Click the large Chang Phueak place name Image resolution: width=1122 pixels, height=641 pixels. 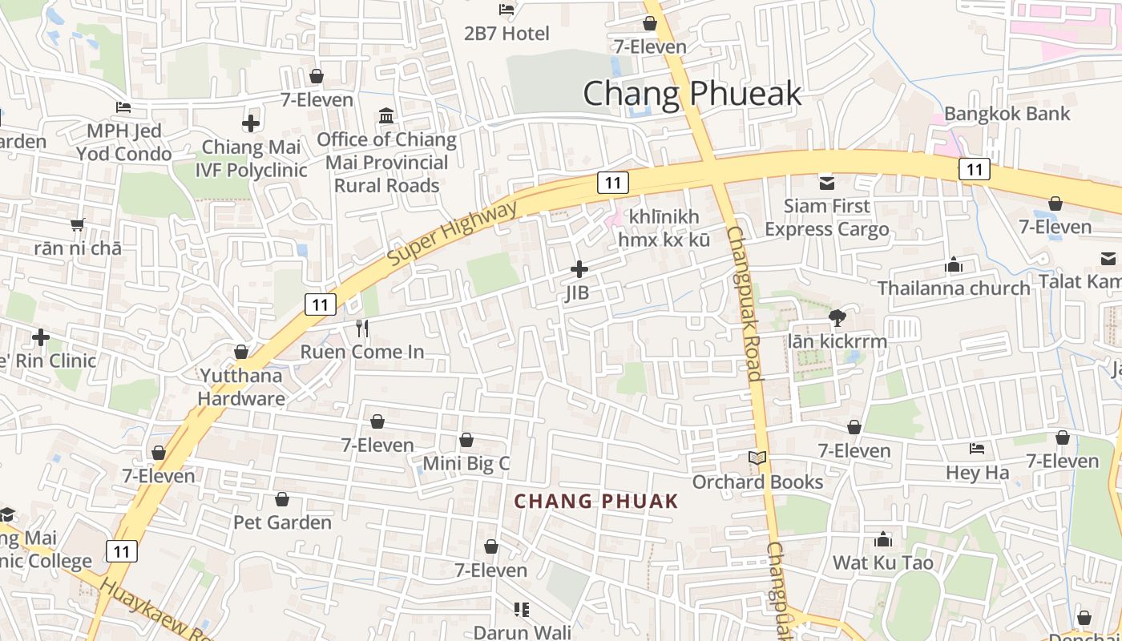tap(692, 94)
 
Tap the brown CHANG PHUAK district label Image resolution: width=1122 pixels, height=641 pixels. tap(596, 502)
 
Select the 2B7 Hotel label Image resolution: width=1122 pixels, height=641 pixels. tap(507, 34)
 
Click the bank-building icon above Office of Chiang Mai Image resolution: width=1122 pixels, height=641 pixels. tap(386, 116)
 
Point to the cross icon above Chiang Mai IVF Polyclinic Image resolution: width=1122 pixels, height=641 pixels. tap(251, 123)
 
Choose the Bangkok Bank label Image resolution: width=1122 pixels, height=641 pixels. tap(1007, 114)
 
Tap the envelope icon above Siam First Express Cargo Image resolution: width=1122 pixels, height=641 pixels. tap(826, 183)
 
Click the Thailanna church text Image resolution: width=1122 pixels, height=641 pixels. tap(954, 288)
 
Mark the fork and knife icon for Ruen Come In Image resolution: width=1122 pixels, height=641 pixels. tap(362, 328)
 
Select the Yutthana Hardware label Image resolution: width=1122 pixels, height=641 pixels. tap(241, 387)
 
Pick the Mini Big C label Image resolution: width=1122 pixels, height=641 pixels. tap(466, 463)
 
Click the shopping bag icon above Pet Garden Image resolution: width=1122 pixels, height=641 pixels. tap(282, 499)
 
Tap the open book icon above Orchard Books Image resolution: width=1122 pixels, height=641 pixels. tap(757, 458)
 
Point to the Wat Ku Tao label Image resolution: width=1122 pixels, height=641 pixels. tap(883, 562)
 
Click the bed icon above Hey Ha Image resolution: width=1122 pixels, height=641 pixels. tap(977, 449)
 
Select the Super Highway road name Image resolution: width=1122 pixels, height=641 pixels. tap(453, 235)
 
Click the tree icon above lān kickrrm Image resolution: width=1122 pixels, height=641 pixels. tap(837, 317)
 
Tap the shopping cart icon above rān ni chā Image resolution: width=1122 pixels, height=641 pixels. tap(78, 224)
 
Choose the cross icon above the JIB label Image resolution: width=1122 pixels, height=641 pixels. tap(579, 269)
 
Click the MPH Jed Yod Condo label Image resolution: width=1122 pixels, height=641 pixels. tap(124, 142)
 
